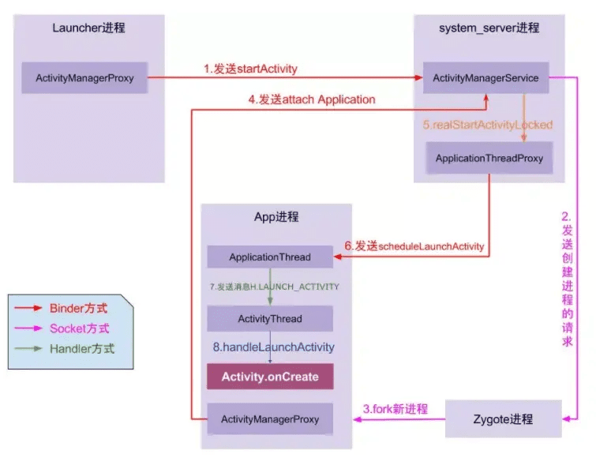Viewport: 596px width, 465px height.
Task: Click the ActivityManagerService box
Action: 485,77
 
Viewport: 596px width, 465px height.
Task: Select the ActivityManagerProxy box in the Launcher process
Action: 84,77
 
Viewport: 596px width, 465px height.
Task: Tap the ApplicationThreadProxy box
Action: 489,158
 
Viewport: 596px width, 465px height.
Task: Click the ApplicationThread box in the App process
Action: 270,257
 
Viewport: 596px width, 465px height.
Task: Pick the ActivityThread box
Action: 270,319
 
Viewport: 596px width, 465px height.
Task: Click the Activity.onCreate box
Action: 270,377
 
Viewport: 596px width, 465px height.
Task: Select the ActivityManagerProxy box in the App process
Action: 270,419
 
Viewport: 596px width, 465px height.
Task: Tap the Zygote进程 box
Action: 504,419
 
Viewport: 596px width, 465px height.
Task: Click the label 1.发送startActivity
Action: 250,69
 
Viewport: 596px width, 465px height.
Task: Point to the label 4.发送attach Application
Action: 312,99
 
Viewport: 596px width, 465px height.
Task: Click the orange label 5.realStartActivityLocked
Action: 488,125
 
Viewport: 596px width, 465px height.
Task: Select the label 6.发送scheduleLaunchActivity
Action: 414,246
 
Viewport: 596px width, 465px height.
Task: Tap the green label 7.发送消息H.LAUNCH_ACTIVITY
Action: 274,287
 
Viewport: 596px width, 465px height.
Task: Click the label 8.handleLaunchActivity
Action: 273,347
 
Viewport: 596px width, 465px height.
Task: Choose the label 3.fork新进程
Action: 395,409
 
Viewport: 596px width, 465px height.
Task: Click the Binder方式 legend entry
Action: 61,308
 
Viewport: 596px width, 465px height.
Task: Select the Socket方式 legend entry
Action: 62,328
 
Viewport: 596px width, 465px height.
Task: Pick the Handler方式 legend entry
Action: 64,349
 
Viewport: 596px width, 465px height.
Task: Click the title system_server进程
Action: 489,28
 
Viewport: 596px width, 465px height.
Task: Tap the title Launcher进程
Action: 88,28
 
